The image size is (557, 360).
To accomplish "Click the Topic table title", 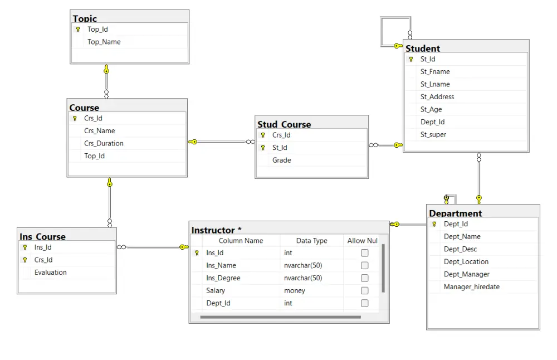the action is (85, 18).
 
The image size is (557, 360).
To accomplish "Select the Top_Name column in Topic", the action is (104, 42).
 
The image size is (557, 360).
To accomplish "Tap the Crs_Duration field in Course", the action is (104, 144).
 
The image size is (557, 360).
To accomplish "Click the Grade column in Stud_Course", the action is (282, 160).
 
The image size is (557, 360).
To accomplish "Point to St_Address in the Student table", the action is (437, 97).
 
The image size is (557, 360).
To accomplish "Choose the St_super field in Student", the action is (433, 135).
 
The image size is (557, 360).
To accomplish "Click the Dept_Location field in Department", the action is (466, 262).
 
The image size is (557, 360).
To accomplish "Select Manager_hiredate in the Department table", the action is (472, 287).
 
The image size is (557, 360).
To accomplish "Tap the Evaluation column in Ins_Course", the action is (51, 273).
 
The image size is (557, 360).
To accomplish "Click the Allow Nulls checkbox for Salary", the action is (364, 291).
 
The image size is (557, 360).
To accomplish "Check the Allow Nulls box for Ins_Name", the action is (364, 265).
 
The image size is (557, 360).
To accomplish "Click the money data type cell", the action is (295, 291).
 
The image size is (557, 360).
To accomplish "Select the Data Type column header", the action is (312, 241).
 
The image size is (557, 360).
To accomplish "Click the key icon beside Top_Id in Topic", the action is (78, 30).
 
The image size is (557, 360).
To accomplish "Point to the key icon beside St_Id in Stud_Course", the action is (263, 148).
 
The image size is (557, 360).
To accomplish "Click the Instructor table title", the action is (216, 230).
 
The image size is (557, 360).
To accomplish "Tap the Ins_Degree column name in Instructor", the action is (223, 278).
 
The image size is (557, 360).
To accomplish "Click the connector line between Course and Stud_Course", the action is (221, 142).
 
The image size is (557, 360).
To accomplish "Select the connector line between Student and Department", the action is (479, 178).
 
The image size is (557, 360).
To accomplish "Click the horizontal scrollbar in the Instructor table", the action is (281, 317).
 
